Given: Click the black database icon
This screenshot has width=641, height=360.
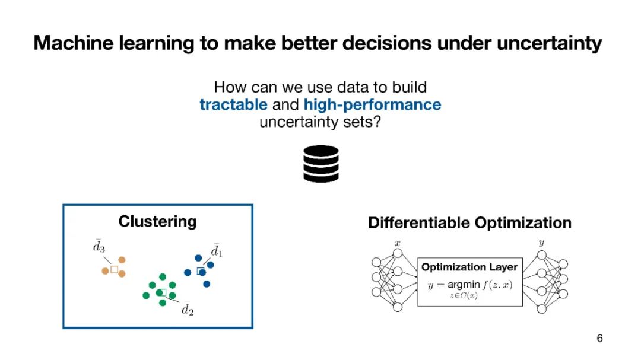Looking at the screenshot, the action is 321,164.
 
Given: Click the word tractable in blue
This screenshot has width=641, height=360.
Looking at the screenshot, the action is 233,104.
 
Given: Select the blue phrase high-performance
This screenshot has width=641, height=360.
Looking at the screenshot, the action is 372,105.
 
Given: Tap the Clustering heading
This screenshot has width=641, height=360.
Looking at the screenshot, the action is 157,221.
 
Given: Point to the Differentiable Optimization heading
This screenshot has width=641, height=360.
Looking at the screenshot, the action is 469,222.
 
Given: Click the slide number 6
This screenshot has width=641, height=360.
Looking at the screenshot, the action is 599,338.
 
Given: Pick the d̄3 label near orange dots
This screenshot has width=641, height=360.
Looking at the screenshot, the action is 99,246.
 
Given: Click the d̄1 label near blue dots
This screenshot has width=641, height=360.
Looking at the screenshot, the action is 217,250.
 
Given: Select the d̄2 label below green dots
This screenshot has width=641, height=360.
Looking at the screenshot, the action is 188,309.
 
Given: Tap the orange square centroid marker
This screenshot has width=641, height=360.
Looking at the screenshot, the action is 115,269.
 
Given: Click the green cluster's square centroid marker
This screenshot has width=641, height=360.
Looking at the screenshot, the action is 163,292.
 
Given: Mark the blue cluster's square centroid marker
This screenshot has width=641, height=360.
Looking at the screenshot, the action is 201,271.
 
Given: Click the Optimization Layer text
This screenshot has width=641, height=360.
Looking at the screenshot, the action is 469,267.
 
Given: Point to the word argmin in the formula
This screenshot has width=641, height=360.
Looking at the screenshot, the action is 464,285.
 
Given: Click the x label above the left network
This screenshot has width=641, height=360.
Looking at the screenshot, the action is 397,244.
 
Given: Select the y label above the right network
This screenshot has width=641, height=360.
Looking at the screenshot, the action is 542,243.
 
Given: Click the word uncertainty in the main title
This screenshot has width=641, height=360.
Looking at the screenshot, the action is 549,43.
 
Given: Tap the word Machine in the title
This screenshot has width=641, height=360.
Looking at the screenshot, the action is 74,43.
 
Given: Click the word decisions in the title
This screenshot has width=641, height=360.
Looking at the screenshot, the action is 387,43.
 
